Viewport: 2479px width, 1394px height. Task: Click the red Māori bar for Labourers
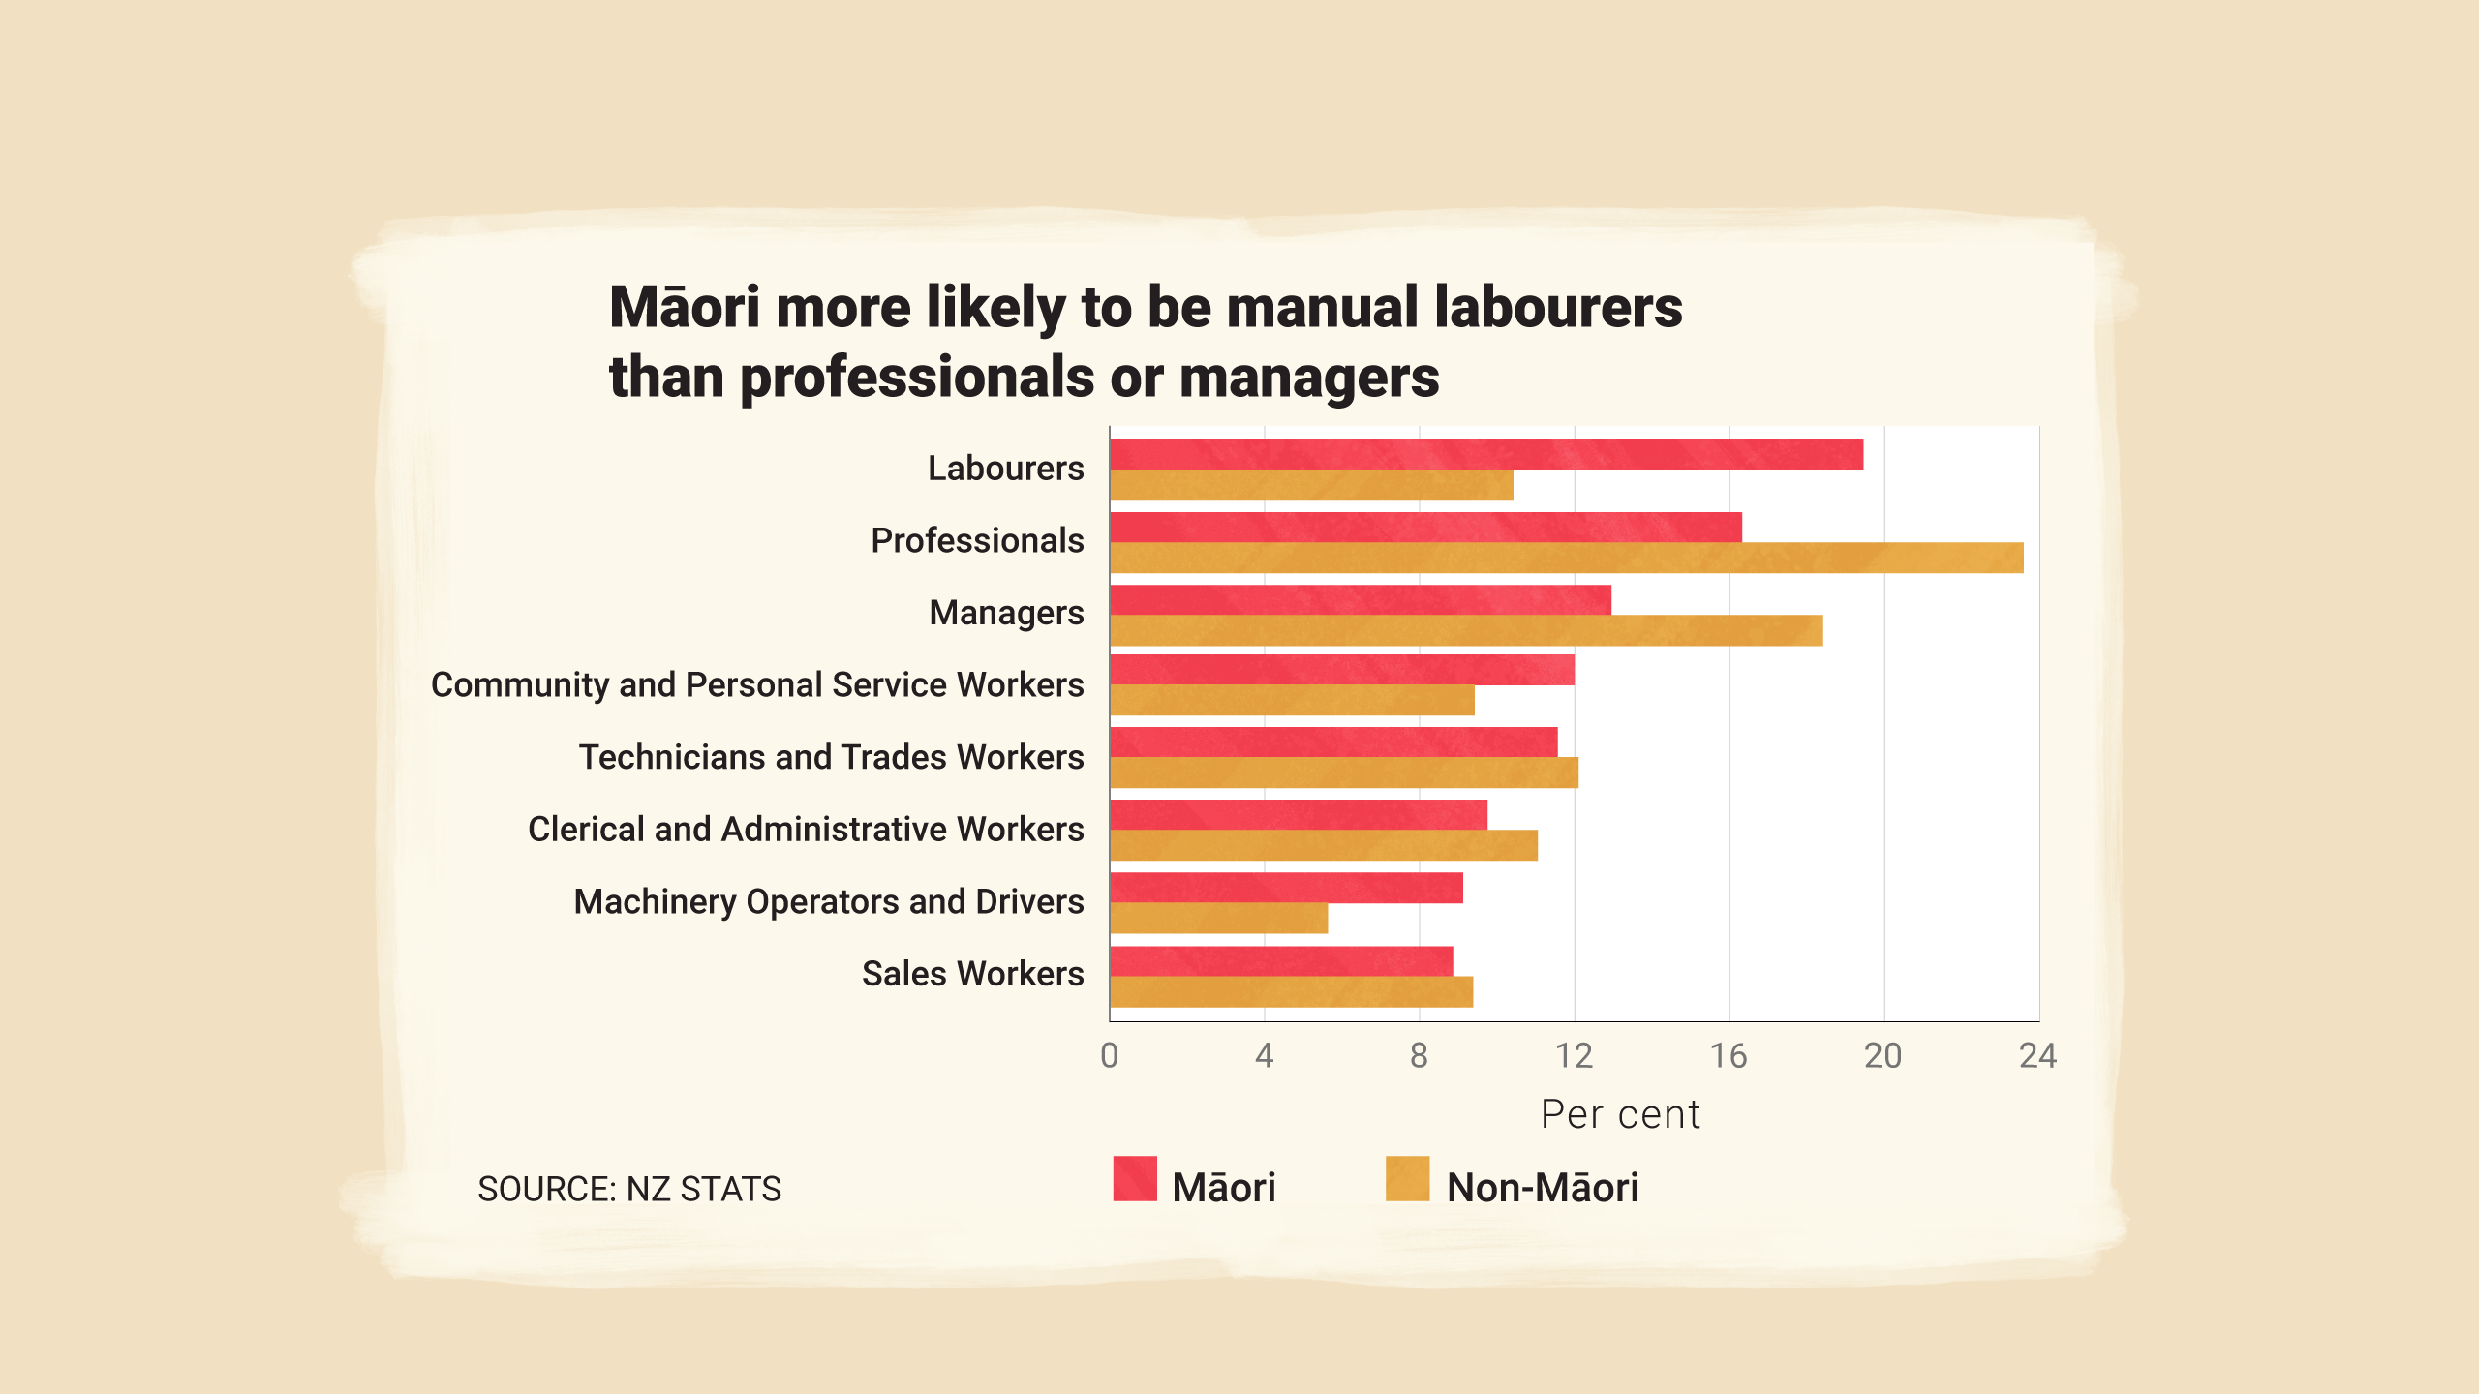(1486, 455)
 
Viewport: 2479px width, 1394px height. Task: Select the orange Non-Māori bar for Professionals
(1566, 558)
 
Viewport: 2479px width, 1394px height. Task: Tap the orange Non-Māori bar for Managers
(1466, 630)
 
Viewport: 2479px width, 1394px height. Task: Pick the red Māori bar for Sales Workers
(1281, 961)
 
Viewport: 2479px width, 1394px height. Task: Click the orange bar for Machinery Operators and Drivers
(1218, 918)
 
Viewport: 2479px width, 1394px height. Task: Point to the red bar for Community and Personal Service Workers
(1342, 670)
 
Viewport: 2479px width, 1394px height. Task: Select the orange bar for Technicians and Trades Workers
(1344, 773)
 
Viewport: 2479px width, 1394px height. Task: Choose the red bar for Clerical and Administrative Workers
(1299, 815)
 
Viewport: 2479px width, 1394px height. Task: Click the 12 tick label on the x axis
(1574, 1055)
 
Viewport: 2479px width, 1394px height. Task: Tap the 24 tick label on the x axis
(2037, 1055)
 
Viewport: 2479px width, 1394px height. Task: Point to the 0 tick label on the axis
(1110, 1055)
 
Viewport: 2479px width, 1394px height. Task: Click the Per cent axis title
(1620, 1114)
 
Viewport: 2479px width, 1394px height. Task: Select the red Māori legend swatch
(1135, 1178)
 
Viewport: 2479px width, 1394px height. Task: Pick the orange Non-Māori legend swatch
(1407, 1178)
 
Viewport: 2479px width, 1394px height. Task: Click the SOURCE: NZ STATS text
(629, 1189)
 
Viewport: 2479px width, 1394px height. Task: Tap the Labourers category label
(1005, 469)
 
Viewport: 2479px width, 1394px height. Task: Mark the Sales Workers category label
(972, 974)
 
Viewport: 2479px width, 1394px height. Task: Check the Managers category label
(1006, 613)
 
